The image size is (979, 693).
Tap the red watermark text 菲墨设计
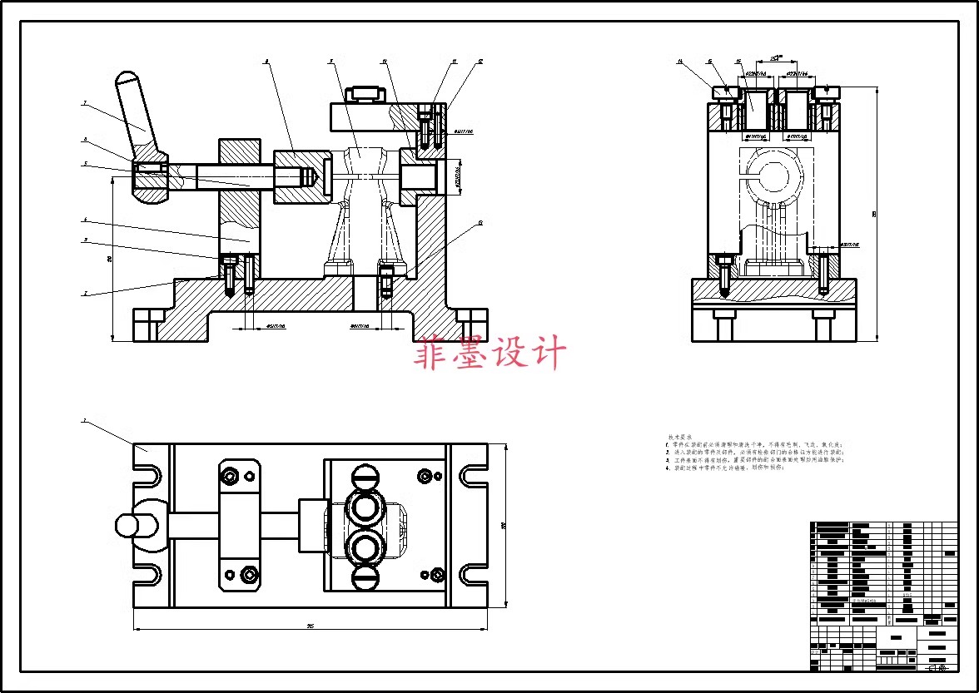490,353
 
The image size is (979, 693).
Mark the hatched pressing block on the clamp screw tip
296,176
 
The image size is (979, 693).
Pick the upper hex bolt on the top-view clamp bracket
230,476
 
